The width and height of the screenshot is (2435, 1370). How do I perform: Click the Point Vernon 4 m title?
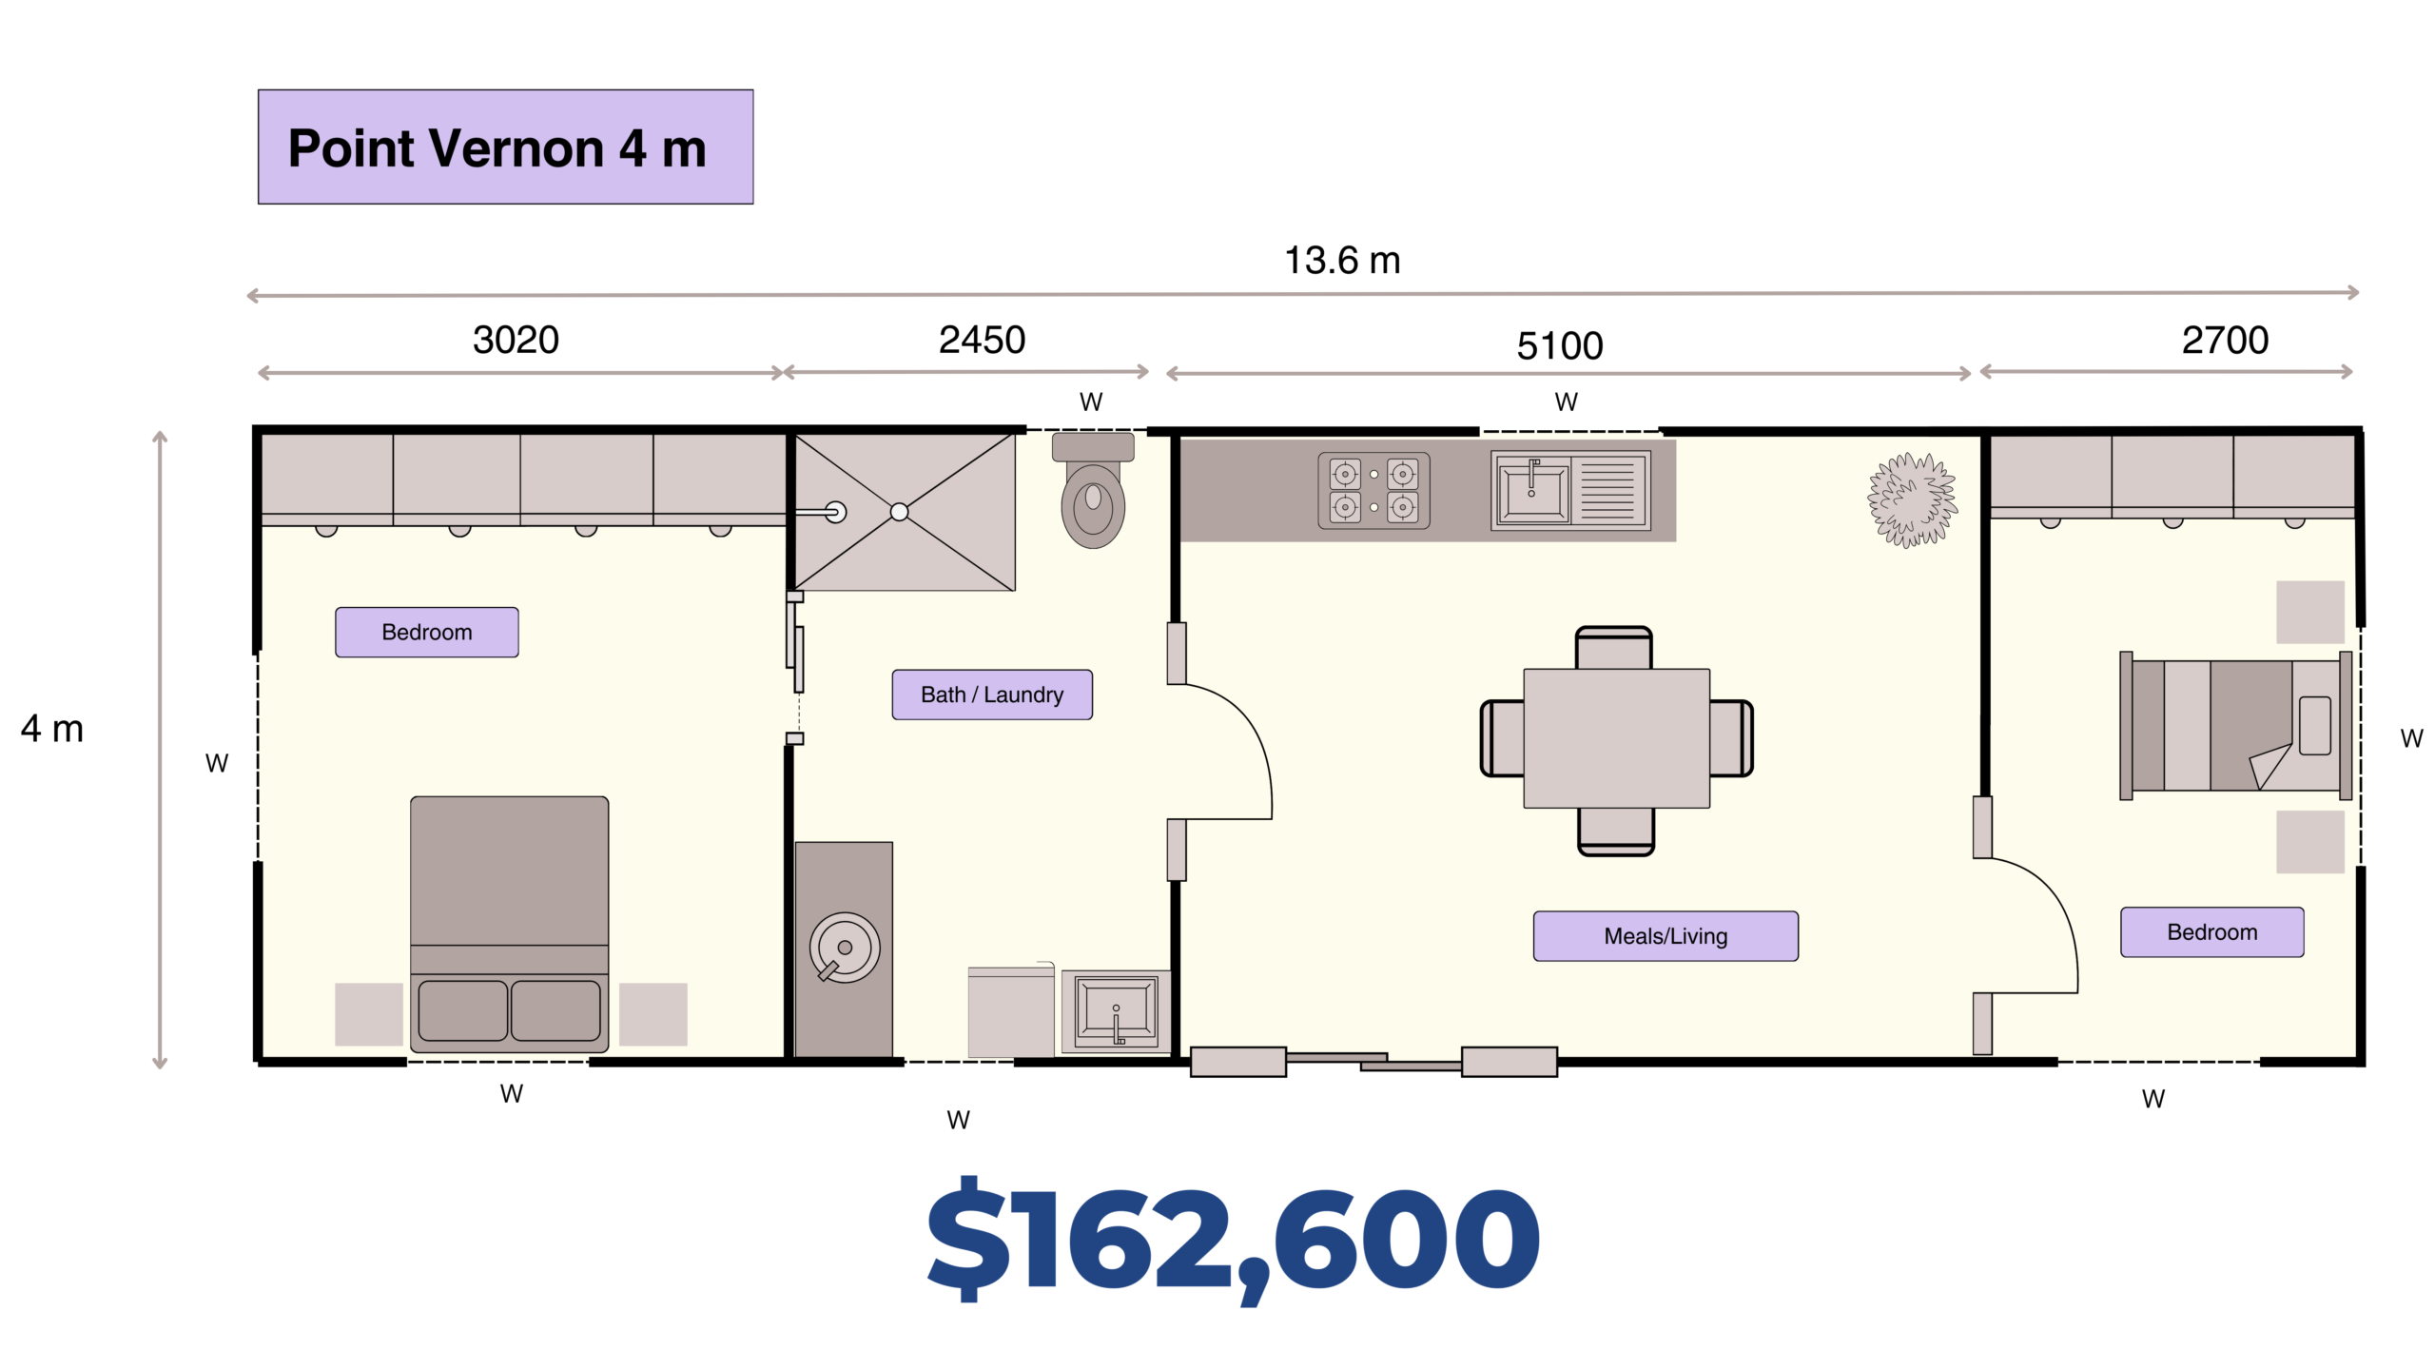click(x=497, y=148)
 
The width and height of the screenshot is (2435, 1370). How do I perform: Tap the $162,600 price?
click(x=1233, y=1237)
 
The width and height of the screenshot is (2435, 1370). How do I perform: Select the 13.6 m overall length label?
click(x=1342, y=261)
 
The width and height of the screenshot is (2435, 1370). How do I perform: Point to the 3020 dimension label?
click(x=516, y=340)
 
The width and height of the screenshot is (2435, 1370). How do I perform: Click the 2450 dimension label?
click(x=982, y=340)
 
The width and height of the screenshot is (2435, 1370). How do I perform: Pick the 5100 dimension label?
click(x=1560, y=345)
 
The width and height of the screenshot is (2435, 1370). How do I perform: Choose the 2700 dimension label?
click(x=2225, y=340)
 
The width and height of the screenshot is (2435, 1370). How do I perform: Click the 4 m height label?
click(x=52, y=729)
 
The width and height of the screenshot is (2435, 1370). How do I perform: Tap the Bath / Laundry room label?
click(x=992, y=695)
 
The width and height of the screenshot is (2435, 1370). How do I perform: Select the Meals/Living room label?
click(x=1666, y=936)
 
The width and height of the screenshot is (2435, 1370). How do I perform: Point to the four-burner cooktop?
click(x=1373, y=490)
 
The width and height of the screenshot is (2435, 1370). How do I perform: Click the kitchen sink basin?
click(x=1533, y=490)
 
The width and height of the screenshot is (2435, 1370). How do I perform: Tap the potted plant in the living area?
click(x=1912, y=500)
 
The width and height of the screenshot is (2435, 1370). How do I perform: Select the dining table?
click(x=1617, y=738)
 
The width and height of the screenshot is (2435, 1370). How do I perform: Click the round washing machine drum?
click(x=845, y=948)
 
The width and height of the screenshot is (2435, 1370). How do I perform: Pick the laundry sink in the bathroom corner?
click(x=1117, y=1010)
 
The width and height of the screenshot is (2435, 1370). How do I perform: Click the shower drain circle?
click(x=899, y=512)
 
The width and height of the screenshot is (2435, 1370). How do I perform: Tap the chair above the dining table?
click(x=1613, y=648)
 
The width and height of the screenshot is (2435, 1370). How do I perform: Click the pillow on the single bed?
click(x=2315, y=726)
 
